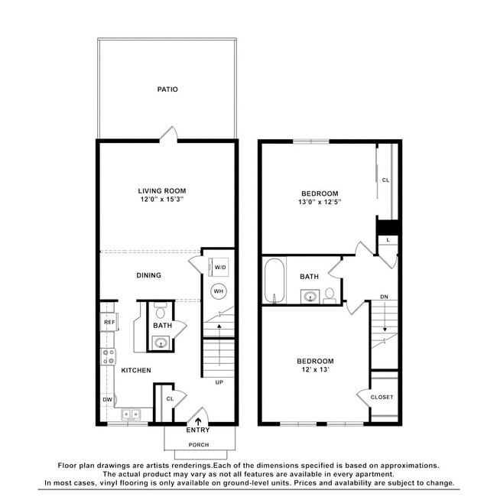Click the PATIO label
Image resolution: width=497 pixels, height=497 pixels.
[x=167, y=89]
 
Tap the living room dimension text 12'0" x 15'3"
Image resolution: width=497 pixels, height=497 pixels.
[x=162, y=200]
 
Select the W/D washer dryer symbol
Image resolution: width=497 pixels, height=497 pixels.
[x=219, y=267]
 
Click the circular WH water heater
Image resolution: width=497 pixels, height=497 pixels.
[x=219, y=291]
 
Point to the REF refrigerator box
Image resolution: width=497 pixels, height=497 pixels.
[x=109, y=322]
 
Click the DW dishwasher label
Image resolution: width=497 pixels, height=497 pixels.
[x=108, y=399]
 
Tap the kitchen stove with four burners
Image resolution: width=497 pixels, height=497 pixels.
[x=108, y=356]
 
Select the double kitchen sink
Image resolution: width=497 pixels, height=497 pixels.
[x=131, y=414]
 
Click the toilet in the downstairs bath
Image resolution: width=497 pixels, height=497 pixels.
[x=160, y=310]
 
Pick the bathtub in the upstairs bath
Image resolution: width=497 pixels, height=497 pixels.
[x=274, y=281]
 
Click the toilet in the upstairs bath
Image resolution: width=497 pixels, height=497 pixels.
[x=330, y=295]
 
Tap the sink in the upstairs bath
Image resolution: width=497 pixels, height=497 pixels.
[x=310, y=297]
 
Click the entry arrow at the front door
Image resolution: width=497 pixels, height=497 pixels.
[x=198, y=421]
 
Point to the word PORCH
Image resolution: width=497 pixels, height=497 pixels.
[x=199, y=445]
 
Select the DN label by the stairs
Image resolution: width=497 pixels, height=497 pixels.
[x=384, y=297]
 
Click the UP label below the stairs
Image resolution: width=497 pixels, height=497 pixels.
[x=219, y=382]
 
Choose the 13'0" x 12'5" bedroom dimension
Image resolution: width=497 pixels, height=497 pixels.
[x=320, y=202]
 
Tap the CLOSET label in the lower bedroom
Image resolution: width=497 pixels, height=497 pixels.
[x=382, y=397]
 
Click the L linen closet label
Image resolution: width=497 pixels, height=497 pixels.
[x=388, y=240]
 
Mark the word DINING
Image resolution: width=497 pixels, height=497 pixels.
[x=148, y=275]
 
